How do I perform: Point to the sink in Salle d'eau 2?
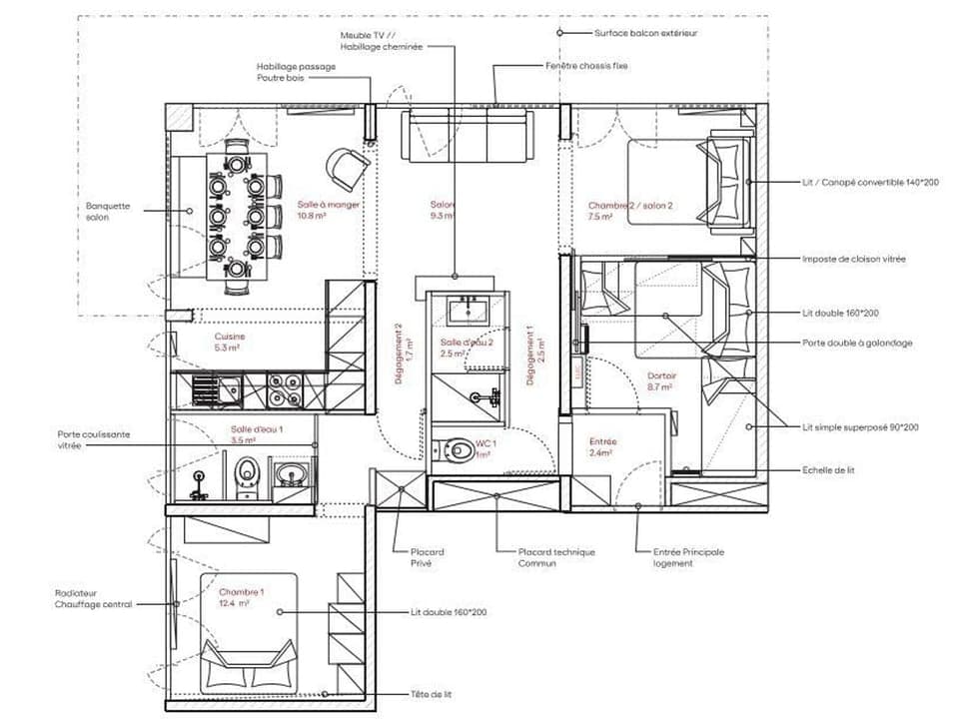coord(468,312)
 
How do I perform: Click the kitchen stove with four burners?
coord(286,389)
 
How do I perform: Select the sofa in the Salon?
coord(467,137)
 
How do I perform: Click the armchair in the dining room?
coord(348,167)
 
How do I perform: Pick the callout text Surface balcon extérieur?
coord(645,33)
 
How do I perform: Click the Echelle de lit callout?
coord(828,469)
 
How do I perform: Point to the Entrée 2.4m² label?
coord(603,446)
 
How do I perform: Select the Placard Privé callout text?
coord(427,557)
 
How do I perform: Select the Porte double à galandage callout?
coord(857,343)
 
